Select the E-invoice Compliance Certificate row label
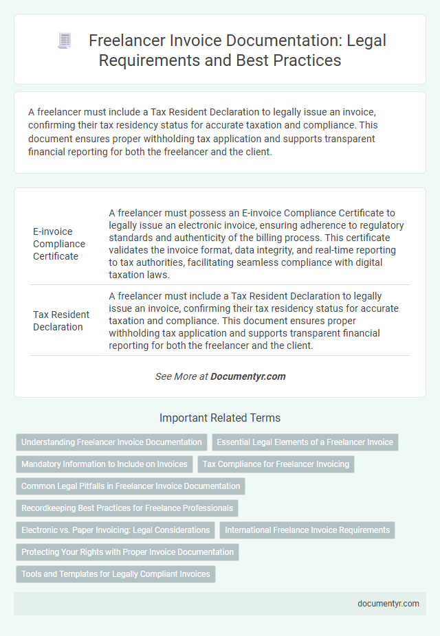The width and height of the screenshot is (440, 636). pyautogui.click(x=59, y=244)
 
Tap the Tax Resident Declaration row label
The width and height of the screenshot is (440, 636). pyautogui.click(x=61, y=321)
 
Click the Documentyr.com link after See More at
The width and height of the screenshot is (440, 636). pyautogui.click(x=247, y=376)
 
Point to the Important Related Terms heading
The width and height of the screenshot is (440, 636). pyautogui.click(x=220, y=418)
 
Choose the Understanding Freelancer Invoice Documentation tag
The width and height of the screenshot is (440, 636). pyautogui.click(x=111, y=442)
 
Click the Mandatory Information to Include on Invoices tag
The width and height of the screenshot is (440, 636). pyautogui.click(x=104, y=464)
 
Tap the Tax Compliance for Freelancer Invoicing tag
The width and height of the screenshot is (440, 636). pyautogui.click(x=276, y=464)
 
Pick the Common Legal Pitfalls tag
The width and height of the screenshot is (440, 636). pyautogui.click(x=131, y=486)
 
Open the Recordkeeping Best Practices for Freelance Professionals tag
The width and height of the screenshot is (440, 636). pyautogui.click(x=127, y=508)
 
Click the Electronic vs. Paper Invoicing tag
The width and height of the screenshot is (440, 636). pyautogui.click(x=115, y=530)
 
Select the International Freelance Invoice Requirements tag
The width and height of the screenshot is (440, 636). pyautogui.click(x=307, y=530)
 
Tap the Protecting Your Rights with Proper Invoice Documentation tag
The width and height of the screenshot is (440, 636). pyautogui.click(x=127, y=552)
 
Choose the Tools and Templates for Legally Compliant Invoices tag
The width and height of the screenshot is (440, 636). pyautogui.click(x=115, y=574)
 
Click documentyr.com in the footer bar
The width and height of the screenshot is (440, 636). pyautogui.click(x=389, y=604)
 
